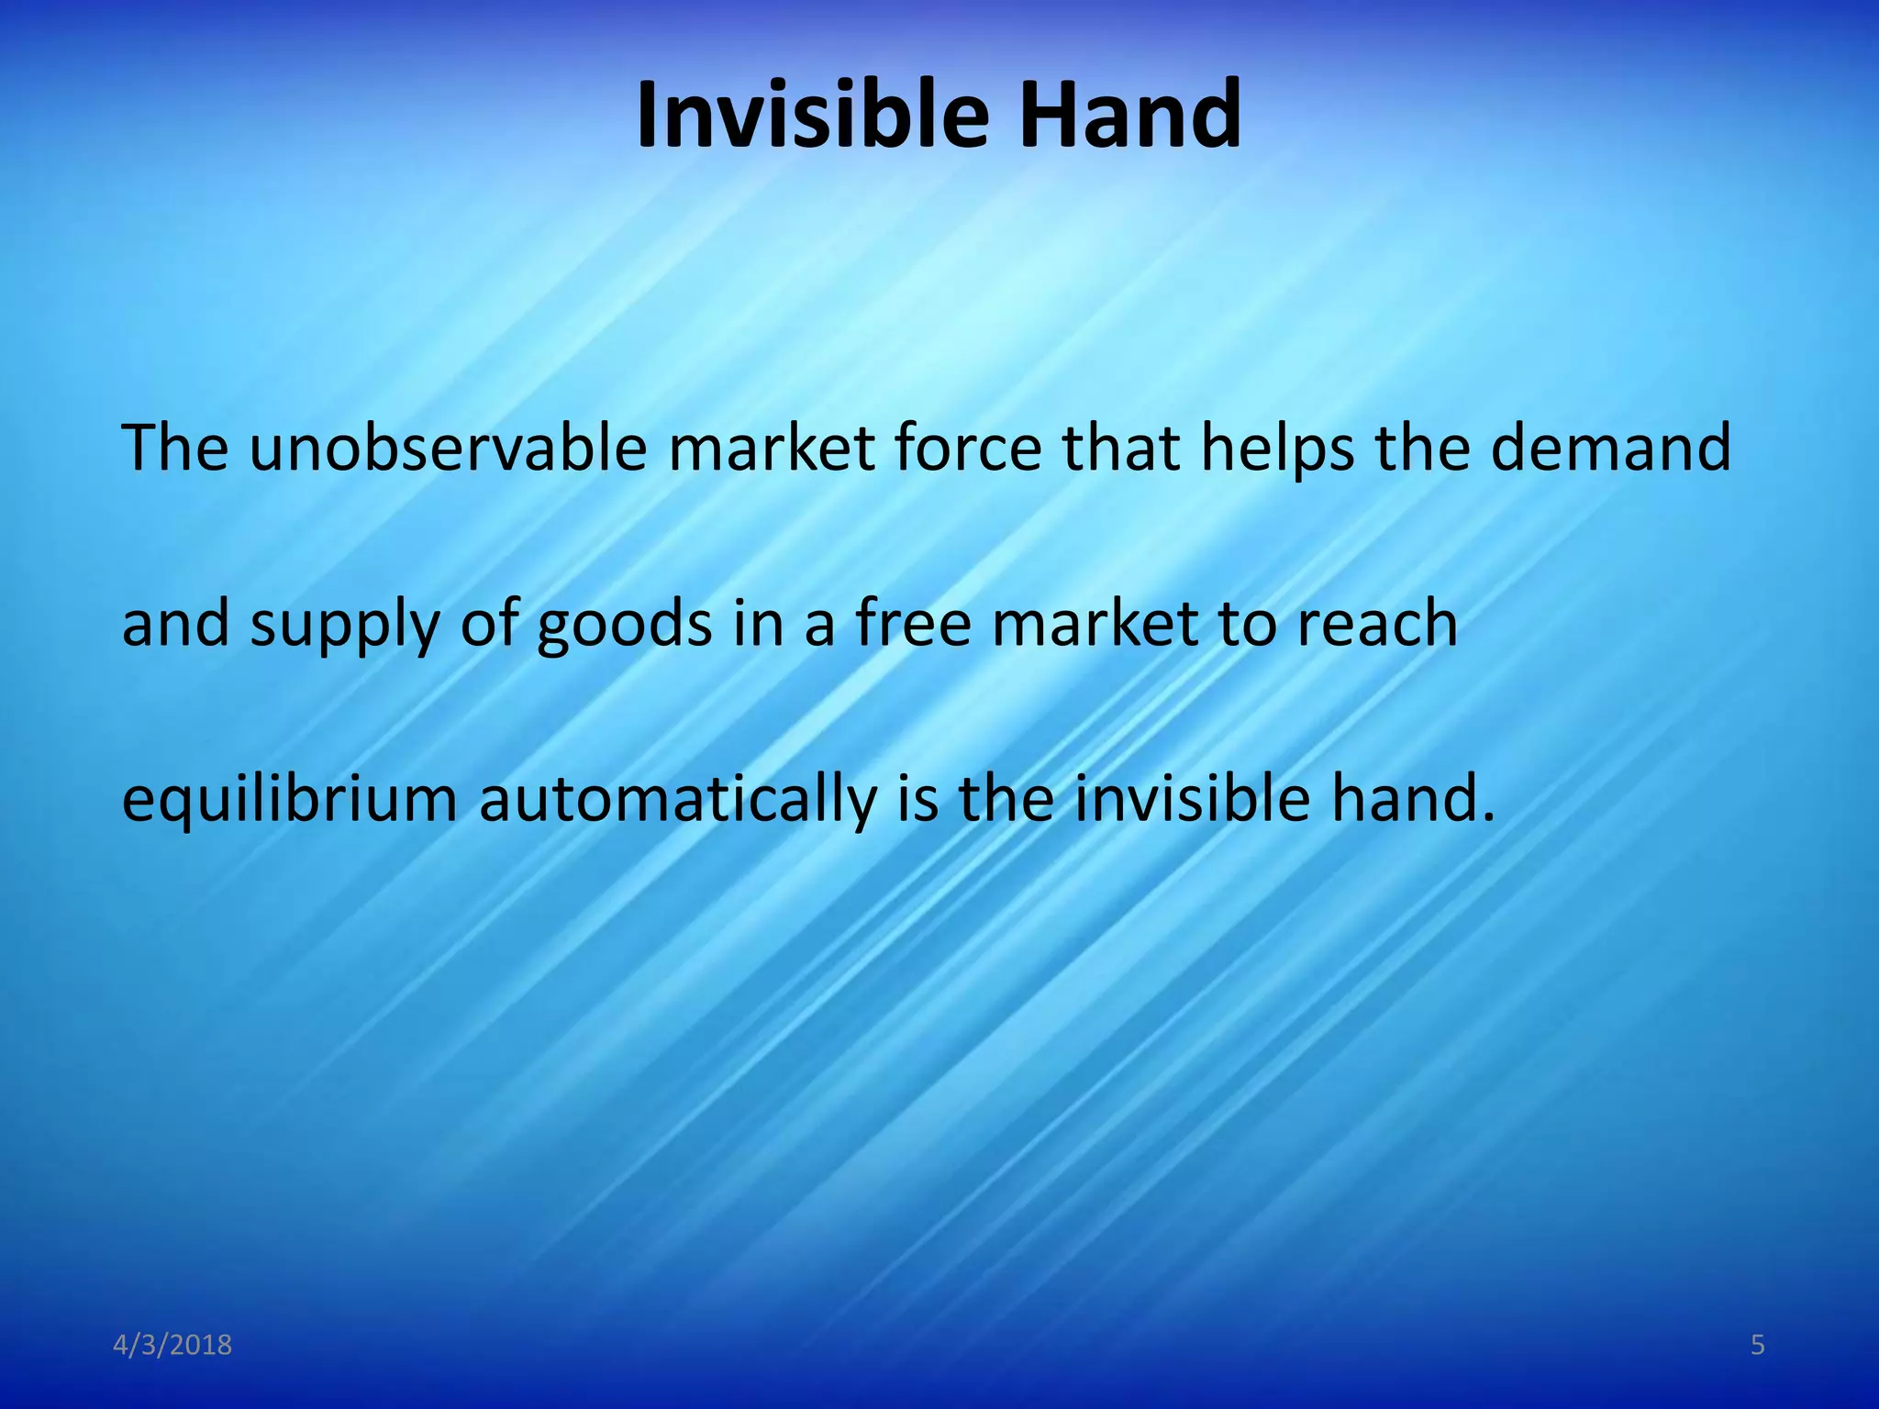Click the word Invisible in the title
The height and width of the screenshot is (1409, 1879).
click(x=812, y=115)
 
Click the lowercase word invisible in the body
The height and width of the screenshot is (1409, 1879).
click(x=1193, y=798)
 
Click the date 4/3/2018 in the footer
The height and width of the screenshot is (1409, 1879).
click(x=172, y=1346)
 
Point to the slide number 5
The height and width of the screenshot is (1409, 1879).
click(x=1757, y=1346)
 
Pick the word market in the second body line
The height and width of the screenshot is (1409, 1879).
click(x=1095, y=624)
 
